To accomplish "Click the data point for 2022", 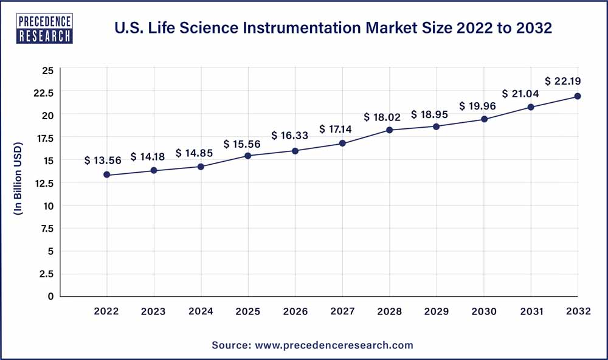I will (107, 175).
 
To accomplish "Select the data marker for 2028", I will (389, 130).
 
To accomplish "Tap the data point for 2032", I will (578, 96).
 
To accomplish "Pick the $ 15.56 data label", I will (243, 144).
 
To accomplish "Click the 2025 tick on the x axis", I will (248, 311).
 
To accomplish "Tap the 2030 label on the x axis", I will (483, 311).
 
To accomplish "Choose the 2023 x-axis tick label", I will (154, 311).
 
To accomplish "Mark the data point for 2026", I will (295, 151).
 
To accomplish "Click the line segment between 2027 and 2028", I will (365, 137).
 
